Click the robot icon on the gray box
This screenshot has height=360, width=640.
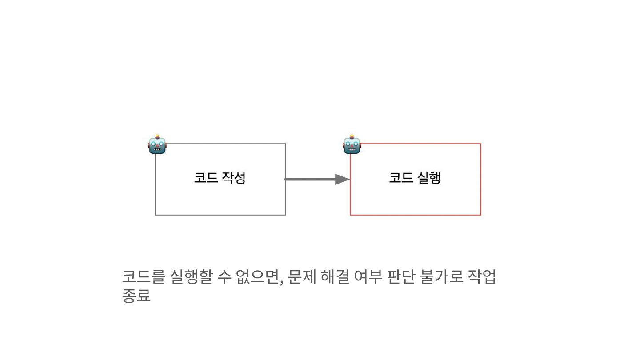(x=157, y=145)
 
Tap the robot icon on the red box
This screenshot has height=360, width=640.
(x=352, y=145)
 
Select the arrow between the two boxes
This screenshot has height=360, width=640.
(x=311, y=179)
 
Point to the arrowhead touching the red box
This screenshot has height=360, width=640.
(x=343, y=179)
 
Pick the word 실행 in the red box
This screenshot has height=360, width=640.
(x=428, y=178)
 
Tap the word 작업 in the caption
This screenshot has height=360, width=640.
(x=482, y=277)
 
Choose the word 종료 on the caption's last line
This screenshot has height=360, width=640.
(x=136, y=296)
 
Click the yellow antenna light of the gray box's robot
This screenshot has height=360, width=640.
(x=157, y=136)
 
